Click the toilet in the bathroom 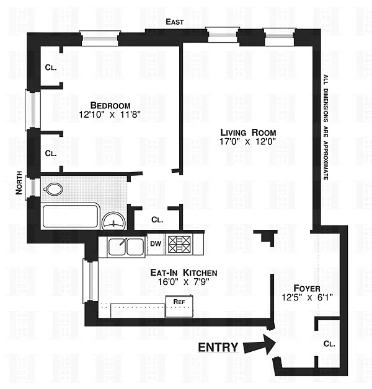click(x=53, y=190)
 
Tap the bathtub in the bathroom click(x=71, y=216)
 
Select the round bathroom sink click(x=113, y=221)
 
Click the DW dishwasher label click(x=156, y=243)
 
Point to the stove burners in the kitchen click(x=179, y=245)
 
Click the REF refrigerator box click(x=179, y=306)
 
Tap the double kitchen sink click(x=126, y=247)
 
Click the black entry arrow click(x=260, y=344)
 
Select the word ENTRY click(x=218, y=347)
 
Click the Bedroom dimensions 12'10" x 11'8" click(x=110, y=115)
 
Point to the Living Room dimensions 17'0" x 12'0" click(x=247, y=141)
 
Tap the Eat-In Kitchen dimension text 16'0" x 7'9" click(x=184, y=282)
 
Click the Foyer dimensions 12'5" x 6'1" click(x=307, y=297)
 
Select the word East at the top click(x=175, y=22)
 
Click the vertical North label click(x=19, y=183)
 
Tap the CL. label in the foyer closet click(x=329, y=344)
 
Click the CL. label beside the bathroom click(x=157, y=219)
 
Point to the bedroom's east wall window click(x=100, y=38)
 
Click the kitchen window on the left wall click(x=91, y=281)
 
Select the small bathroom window click(x=33, y=188)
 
